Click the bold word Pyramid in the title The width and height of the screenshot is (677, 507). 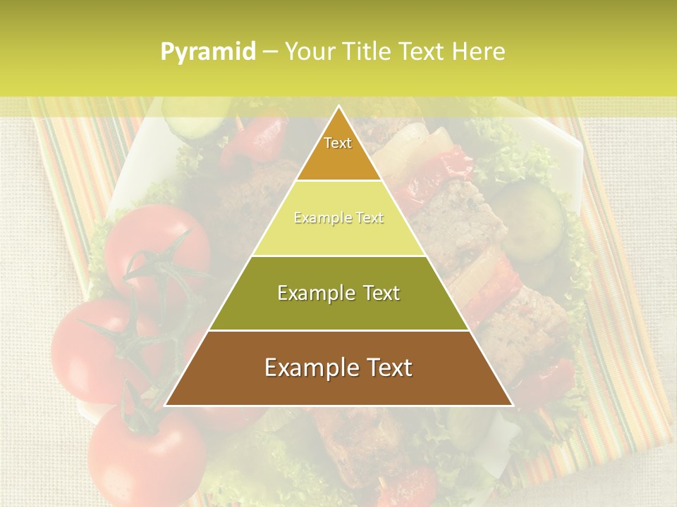(x=207, y=52)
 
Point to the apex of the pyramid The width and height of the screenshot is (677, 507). (x=338, y=107)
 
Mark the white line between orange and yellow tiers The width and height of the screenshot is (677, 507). (x=338, y=181)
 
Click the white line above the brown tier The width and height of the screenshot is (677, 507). (x=338, y=330)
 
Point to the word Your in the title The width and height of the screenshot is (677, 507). (x=308, y=51)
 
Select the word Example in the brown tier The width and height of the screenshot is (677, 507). (x=306, y=368)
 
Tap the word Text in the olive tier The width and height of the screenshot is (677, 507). (x=376, y=293)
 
